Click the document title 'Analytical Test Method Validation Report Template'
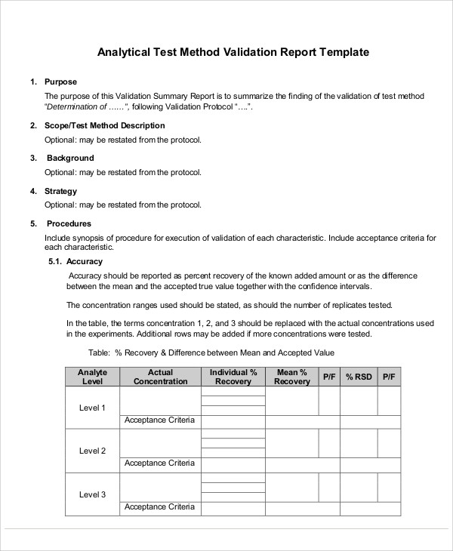(233, 53)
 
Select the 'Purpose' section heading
(60, 82)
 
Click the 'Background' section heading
(70, 158)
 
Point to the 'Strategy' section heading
(61, 191)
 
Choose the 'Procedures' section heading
(69, 223)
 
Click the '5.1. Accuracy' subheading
(75, 261)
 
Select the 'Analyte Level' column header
(92, 377)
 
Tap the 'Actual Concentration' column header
(160, 377)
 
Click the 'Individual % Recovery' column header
(233, 377)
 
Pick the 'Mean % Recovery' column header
(292, 377)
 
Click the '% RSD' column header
(359, 376)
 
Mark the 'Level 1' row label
(92, 408)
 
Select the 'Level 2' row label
(92, 451)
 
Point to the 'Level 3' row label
(92, 494)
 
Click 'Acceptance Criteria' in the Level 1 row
(159, 420)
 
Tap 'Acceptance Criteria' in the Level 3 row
(159, 507)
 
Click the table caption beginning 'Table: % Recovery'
(211, 352)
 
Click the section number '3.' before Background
(33, 158)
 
